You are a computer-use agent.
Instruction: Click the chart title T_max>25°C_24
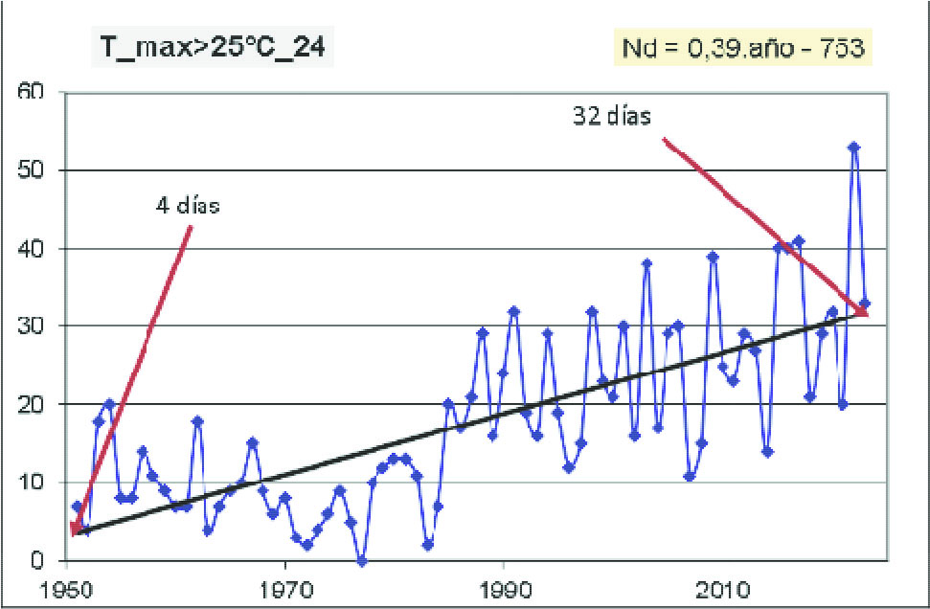212,47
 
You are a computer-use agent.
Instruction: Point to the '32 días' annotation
611,116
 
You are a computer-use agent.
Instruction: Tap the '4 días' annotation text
188,206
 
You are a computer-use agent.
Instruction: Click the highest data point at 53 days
854,147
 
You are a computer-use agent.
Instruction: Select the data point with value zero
361,561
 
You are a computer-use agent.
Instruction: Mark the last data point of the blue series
865,304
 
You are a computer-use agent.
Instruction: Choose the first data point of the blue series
78,507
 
